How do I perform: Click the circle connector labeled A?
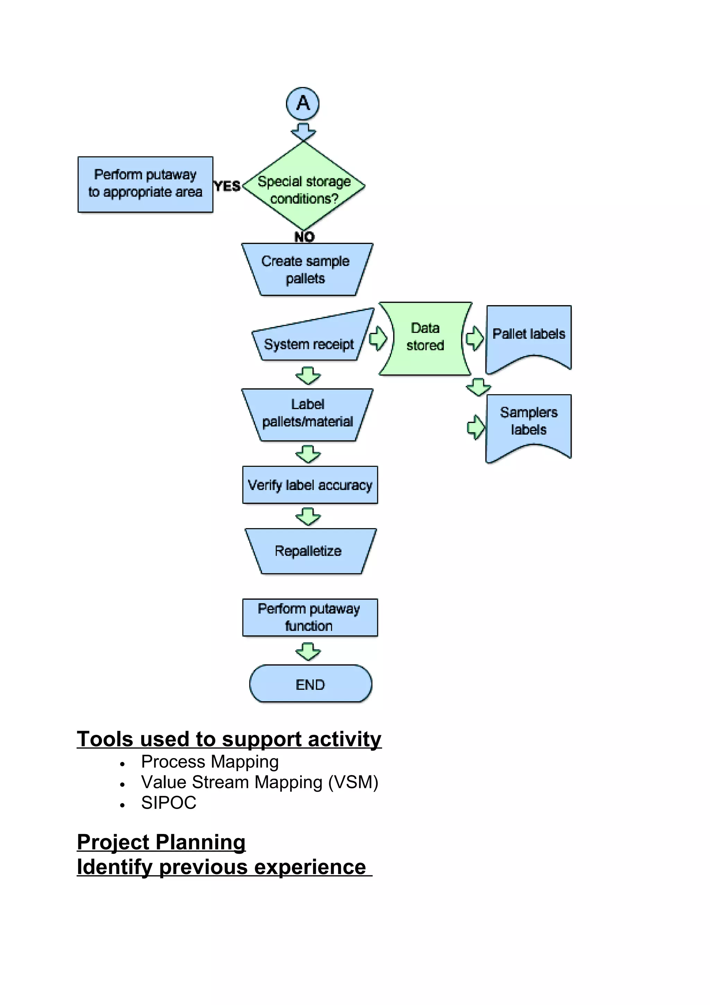(302, 104)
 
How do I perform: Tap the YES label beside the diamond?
(227, 186)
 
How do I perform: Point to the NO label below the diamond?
(304, 237)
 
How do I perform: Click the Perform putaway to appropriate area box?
(145, 184)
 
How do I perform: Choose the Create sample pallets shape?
(306, 269)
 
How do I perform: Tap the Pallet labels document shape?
(528, 336)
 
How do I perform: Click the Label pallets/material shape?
(307, 414)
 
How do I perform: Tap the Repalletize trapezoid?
(309, 551)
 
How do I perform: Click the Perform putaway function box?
(310, 617)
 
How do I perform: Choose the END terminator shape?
(310, 684)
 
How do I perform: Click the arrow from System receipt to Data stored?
(378, 338)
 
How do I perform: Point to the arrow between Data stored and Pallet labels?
(475, 338)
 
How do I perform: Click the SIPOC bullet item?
(168, 803)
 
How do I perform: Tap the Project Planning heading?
(161, 842)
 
